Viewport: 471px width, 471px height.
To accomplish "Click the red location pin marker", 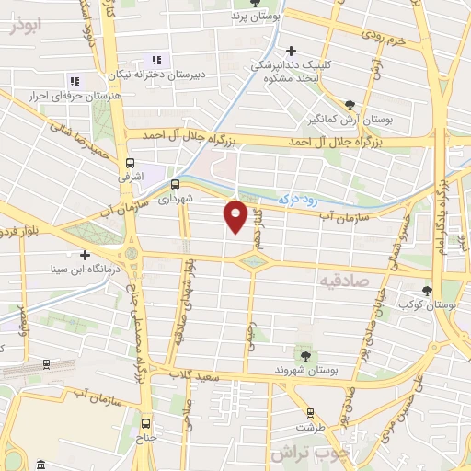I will [236, 215].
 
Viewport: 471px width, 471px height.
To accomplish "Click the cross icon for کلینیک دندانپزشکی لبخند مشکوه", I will [292, 51].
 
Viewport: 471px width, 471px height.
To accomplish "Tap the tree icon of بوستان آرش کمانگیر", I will [349, 106].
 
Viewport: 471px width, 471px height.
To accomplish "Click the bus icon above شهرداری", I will [175, 182].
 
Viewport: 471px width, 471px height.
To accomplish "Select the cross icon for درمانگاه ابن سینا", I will [85, 255].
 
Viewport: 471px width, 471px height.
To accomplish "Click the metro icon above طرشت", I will [310, 413].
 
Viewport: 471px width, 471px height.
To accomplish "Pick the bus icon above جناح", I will [145, 423].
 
